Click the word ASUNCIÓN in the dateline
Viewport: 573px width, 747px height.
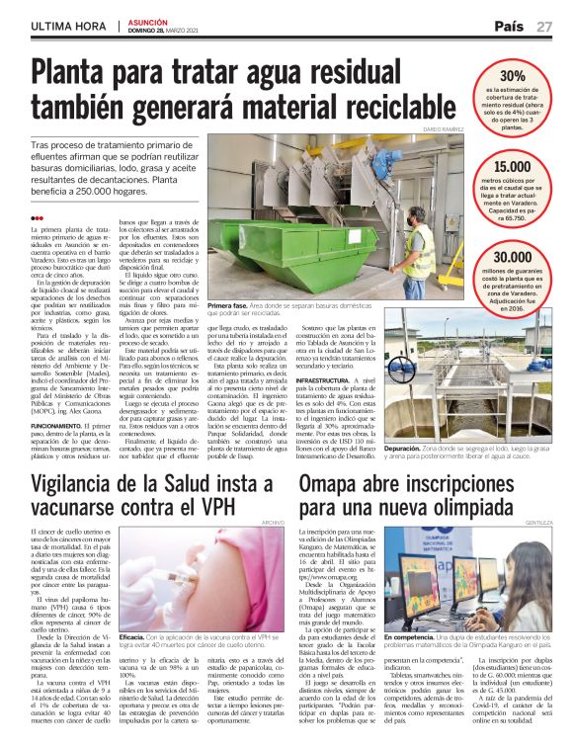(x=148, y=20)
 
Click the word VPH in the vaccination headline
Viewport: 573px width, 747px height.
(x=228, y=504)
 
